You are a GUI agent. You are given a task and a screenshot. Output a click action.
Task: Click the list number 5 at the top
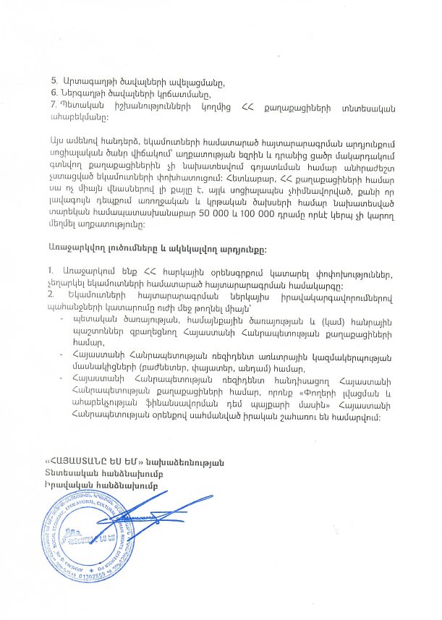(53, 78)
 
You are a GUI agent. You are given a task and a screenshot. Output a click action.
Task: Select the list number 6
(53, 93)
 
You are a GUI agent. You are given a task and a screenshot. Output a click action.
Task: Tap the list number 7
(53, 106)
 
